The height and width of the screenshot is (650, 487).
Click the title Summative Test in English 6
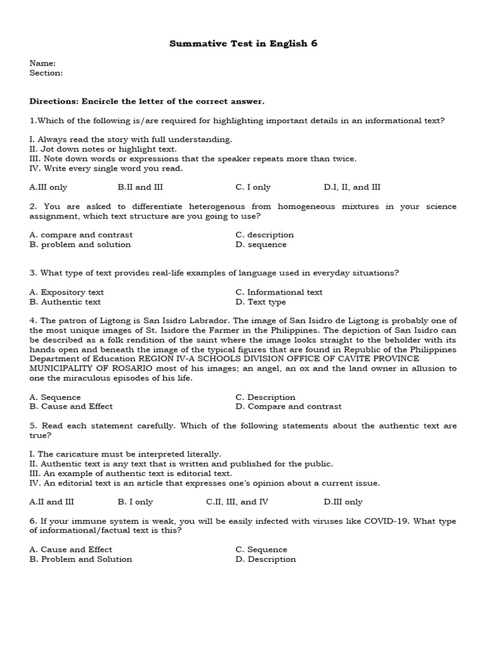click(x=243, y=44)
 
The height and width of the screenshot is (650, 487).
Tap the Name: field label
click(x=42, y=63)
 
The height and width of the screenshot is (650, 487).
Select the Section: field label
click(x=46, y=73)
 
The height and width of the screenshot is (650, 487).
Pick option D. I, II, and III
click(x=352, y=187)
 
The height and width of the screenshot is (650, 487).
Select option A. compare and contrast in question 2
click(x=81, y=235)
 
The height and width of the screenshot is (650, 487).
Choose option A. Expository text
click(x=67, y=292)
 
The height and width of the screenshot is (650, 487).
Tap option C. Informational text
click(x=278, y=292)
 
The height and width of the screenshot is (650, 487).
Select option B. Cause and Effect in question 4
click(x=71, y=406)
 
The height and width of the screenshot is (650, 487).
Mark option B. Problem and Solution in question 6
click(x=81, y=559)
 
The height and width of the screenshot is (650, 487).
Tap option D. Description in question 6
click(x=265, y=559)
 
